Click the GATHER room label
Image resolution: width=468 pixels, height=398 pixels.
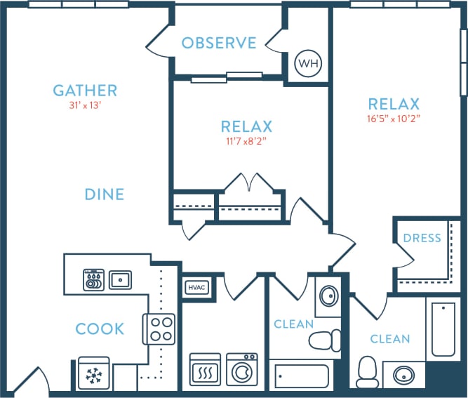pos(85,91)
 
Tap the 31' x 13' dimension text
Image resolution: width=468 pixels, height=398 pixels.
pos(85,106)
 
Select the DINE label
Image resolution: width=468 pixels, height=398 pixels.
pos(105,194)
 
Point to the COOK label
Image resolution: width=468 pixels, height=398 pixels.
pos(100,329)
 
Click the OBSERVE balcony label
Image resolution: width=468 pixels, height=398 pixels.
pos(219,44)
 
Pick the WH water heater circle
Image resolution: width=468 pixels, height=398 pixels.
pos(307,64)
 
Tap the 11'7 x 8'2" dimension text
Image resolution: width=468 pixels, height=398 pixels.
pos(246,141)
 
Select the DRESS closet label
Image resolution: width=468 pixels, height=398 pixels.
pos(422,238)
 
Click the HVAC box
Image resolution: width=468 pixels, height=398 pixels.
pos(195,287)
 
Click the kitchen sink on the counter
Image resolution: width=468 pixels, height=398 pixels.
pos(120,279)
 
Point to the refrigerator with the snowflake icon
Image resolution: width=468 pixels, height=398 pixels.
pos(93,376)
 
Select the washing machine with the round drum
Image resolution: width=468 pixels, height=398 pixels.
pos(242,369)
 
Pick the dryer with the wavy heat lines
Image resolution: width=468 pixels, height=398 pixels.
pos(205,369)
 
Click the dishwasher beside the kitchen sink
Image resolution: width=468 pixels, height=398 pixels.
pos(94,280)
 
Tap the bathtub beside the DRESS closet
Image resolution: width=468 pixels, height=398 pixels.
pos(445,330)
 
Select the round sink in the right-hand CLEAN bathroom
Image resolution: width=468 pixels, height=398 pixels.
pos(402,374)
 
